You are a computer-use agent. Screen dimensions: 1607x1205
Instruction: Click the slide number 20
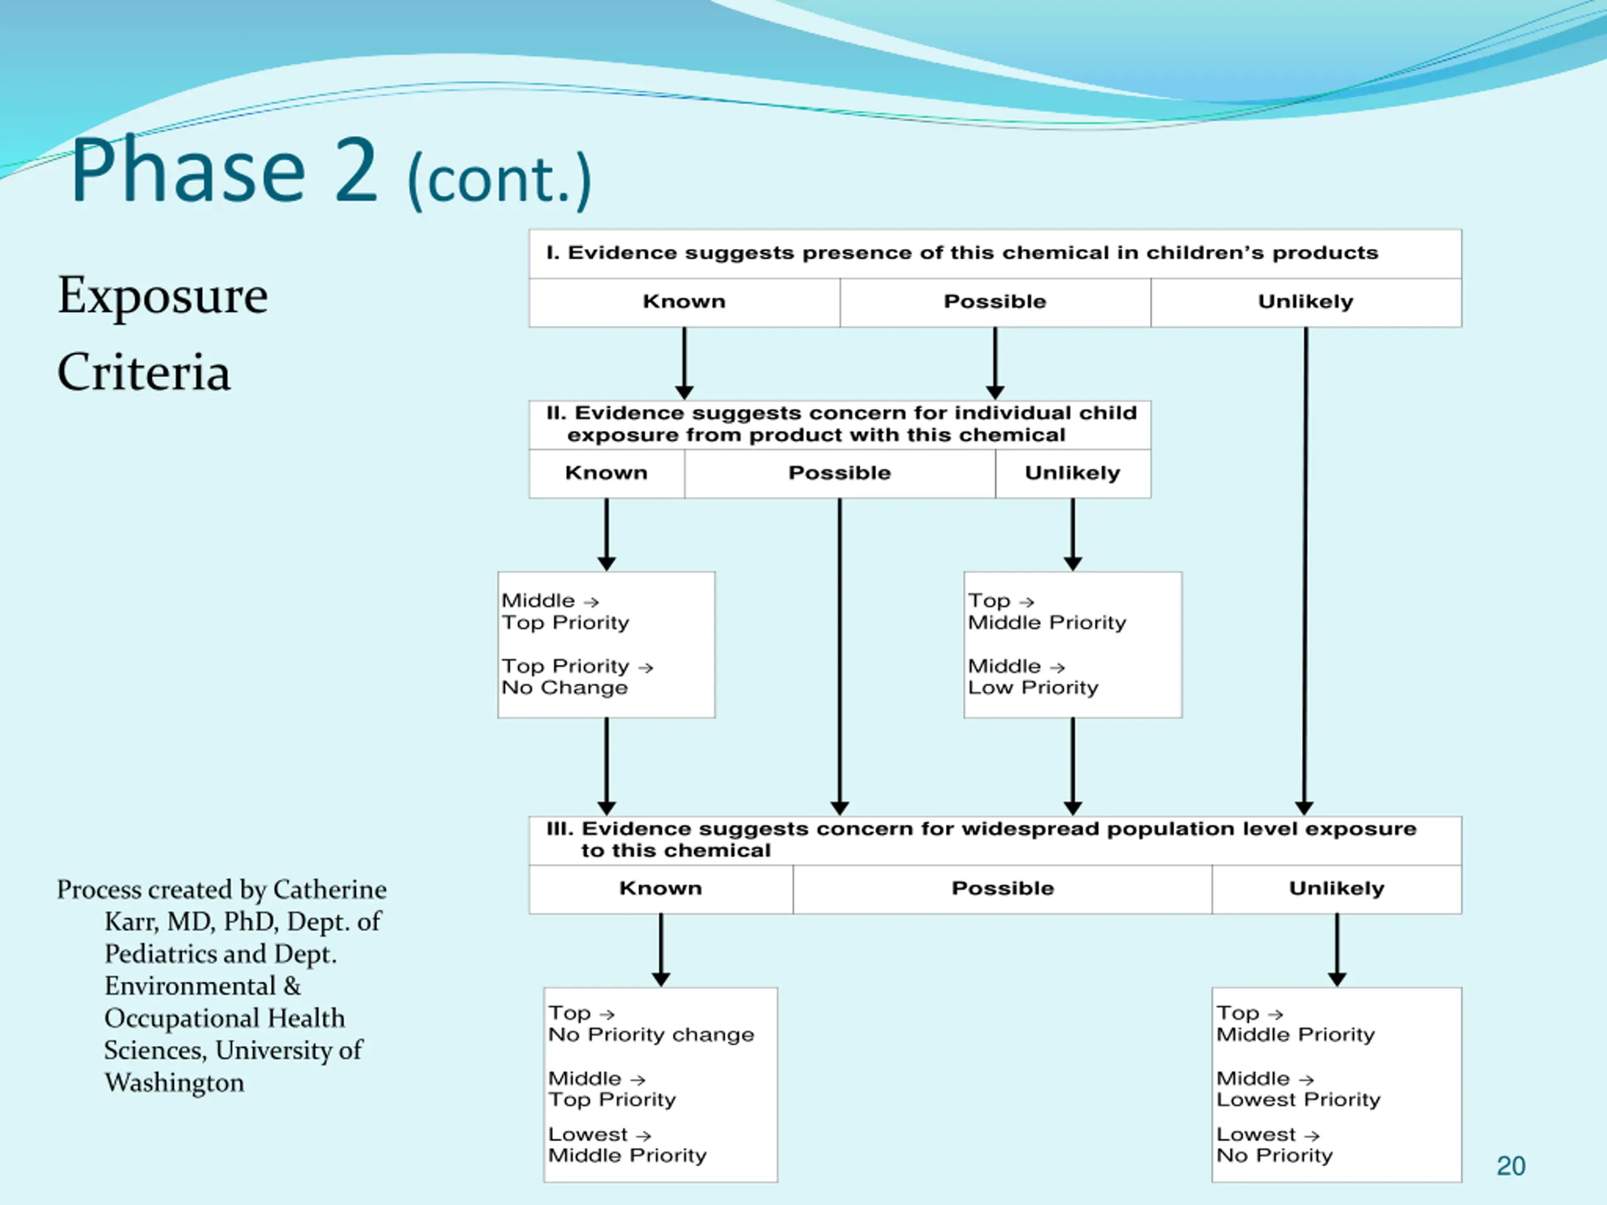click(1510, 1166)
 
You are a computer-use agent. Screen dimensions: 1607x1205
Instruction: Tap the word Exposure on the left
click(163, 296)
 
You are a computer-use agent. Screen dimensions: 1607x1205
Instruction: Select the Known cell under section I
click(684, 302)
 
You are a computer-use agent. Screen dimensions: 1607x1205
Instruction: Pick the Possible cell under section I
click(996, 302)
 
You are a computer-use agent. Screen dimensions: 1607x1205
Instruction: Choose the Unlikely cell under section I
click(1306, 302)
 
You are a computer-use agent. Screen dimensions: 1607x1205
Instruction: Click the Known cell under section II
click(606, 474)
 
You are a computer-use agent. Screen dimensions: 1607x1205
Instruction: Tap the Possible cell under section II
click(840, 474)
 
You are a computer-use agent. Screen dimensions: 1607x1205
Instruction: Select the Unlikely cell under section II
click(1073, 474)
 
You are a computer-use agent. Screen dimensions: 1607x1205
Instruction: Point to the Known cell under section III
click(661, 889)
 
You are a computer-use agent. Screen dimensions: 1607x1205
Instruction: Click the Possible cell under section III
click(1002, 889)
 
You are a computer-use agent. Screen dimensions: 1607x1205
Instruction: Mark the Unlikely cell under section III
click(1336, 889)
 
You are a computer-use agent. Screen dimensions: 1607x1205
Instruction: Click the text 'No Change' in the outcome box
click(564, 688)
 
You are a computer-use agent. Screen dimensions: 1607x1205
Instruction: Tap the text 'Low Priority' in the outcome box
click(1033, 688)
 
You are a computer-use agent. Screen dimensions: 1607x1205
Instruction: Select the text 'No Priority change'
click(651, 1034)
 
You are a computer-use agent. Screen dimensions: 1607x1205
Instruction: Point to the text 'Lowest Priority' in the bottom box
click(1298, 1100)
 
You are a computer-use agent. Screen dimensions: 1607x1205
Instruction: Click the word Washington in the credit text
click(175, 1083)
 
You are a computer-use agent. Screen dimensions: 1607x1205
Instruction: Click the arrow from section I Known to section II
click(684, 363)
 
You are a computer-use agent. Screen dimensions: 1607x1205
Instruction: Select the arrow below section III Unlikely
click(1336, 950)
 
